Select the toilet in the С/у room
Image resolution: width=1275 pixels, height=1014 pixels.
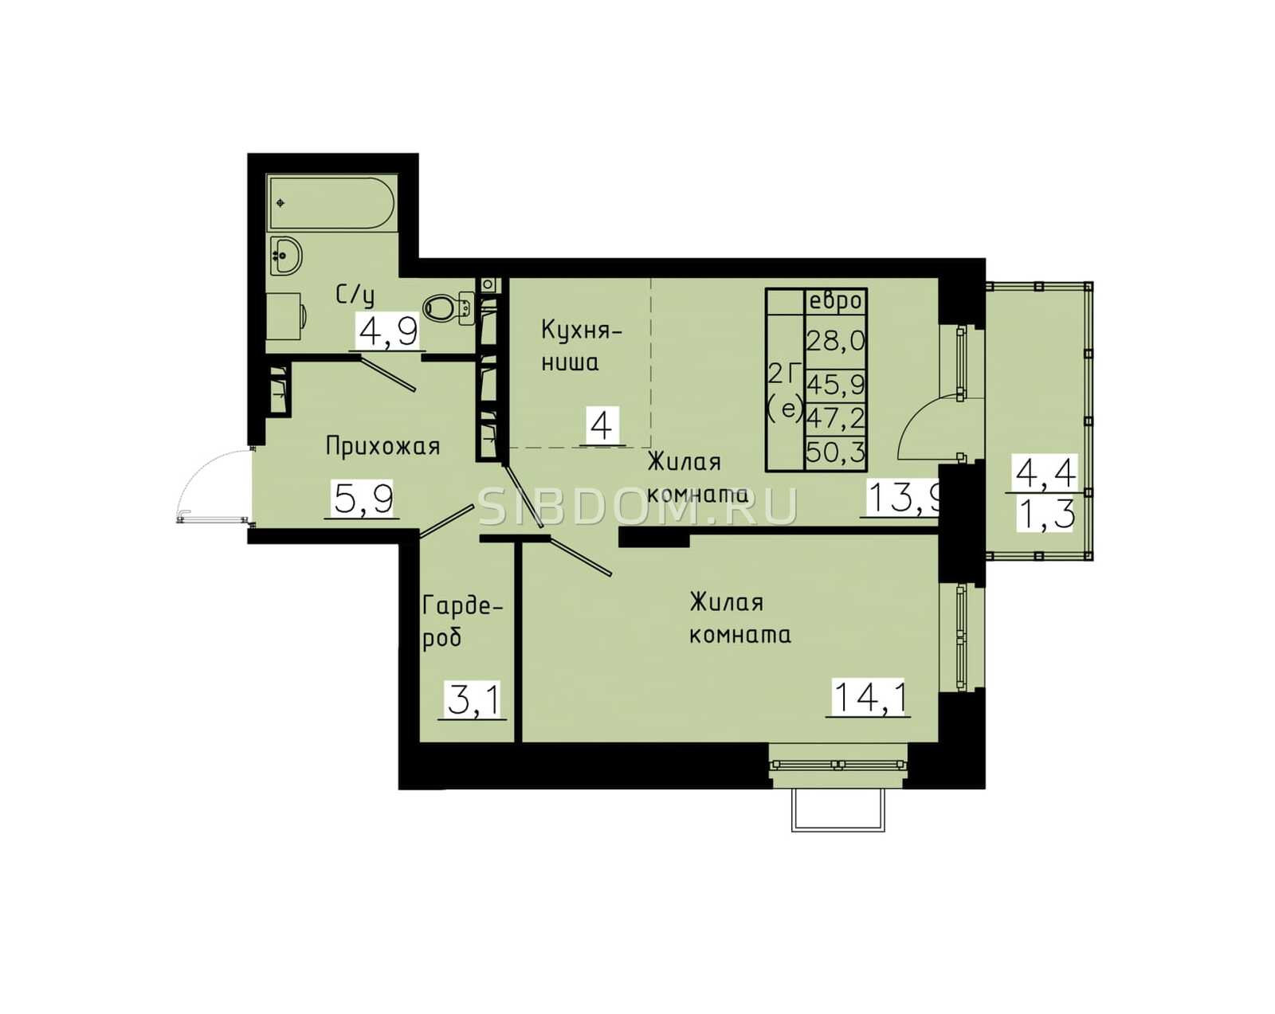tap(449, 307)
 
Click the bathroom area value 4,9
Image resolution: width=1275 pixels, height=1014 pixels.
tap(387, 331)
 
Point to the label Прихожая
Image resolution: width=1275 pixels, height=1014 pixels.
tap(382, 446)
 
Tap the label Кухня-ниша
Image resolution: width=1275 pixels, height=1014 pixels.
tap(582, 346)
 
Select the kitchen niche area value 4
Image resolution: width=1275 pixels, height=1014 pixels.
tap(602, 425)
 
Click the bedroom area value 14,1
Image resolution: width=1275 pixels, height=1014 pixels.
tap(869, 697)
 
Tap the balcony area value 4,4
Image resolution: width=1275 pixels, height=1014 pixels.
tap(1045, 473)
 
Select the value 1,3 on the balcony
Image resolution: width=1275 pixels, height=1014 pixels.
tap(1045, 514)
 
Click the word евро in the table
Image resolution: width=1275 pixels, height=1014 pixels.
tap(835, 301)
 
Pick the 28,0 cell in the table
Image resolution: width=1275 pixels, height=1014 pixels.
tap(836, 342)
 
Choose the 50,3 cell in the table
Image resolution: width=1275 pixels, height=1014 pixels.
tap(836, 454)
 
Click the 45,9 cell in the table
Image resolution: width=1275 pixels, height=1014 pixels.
tap(836, 386)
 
